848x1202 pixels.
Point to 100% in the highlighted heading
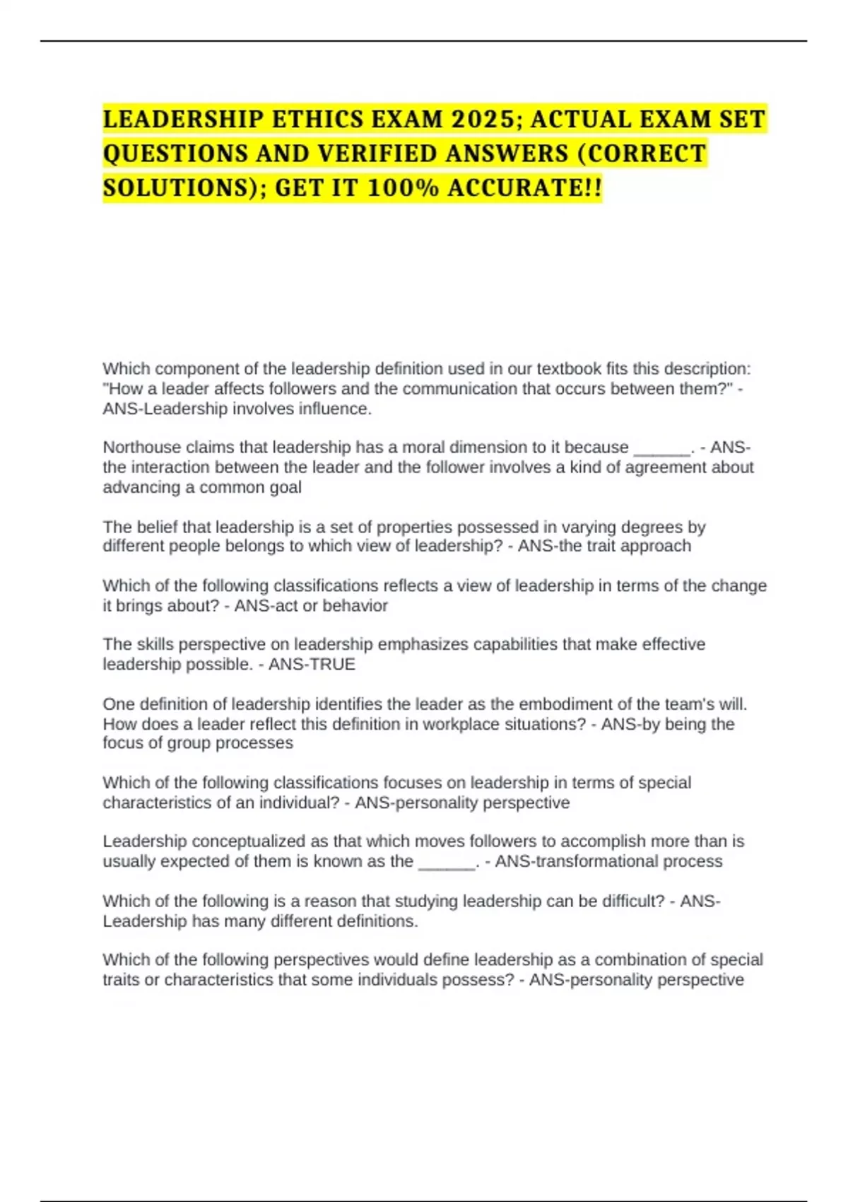tap(402, 188)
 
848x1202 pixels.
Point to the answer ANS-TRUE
tap(312, 665)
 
